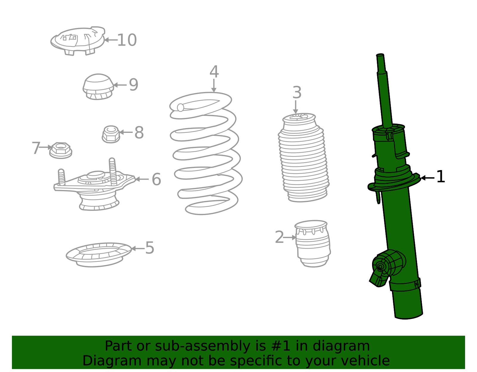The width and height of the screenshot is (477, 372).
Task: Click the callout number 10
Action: [x=127, y=40]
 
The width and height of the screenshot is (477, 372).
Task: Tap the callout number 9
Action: [x=133, y=85]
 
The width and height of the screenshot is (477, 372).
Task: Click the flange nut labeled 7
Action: [x=61, y=150]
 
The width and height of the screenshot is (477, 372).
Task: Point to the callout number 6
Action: [x=156, y=179]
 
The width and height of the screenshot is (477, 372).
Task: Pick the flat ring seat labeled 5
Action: [x=99, y=254]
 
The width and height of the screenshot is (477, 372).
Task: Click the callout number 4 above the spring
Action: [x=214, y=72]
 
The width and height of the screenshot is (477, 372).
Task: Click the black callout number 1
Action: [x=440, y=177]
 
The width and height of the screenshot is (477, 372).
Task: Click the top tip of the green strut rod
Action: [x=380, y=55]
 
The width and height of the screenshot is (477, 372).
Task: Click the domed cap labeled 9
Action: [x=98, y=86]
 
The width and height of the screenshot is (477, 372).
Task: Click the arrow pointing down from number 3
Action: [x=295, y=107]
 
